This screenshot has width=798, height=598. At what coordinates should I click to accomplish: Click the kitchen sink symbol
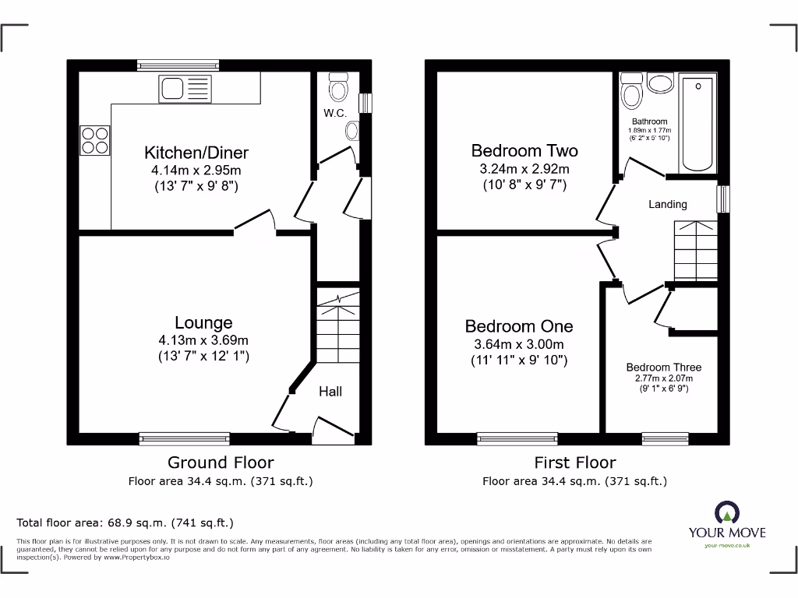(185, 90)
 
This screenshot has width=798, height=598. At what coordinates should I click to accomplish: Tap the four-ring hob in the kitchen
(95, 140)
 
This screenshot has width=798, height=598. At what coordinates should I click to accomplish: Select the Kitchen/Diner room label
(196, 152)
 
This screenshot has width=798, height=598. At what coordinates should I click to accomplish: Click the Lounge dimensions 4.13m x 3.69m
(203, 340)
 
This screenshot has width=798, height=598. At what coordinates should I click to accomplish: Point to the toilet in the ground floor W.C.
(338, 87)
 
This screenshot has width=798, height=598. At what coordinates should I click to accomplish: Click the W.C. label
(335, 114)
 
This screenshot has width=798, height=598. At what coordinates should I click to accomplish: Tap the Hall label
(330, 392)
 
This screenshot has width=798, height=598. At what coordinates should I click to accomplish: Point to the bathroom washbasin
(660, 83)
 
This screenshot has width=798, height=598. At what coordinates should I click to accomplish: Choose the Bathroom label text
(649, 121)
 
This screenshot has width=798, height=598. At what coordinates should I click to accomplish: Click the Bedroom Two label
(524, 150)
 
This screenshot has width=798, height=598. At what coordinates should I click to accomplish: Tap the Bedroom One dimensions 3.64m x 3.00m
(519, 344)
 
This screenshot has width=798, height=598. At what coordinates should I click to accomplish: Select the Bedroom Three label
(664, 367)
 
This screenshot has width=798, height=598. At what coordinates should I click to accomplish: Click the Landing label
(668, 204)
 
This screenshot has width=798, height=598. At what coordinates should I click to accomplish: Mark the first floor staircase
(694, 249)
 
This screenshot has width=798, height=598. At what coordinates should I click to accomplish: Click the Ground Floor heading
(221, 463)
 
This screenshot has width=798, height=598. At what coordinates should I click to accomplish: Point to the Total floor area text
(125, 522)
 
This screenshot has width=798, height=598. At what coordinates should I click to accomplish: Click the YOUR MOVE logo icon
(726, 512)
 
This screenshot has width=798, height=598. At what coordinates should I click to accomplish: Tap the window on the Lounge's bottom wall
(185, 438)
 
